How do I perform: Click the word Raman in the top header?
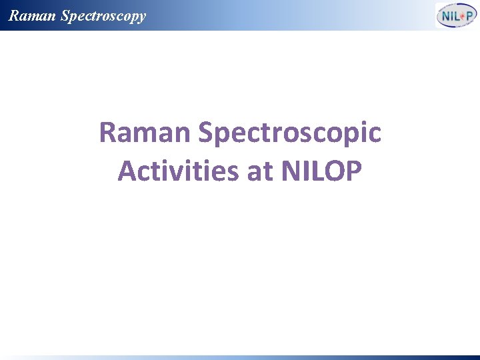(32, 15)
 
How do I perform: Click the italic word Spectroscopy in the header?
(103, 16)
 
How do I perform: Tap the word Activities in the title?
(178, 171)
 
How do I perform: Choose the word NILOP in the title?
(322, 171)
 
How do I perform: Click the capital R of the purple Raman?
(107, 133)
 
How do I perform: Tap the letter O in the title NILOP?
(333, 171)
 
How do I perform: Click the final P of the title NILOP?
(353, 171)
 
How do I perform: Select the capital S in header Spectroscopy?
(65, 15)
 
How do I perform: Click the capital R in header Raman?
(13, 15)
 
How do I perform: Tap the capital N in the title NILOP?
(292, 171)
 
